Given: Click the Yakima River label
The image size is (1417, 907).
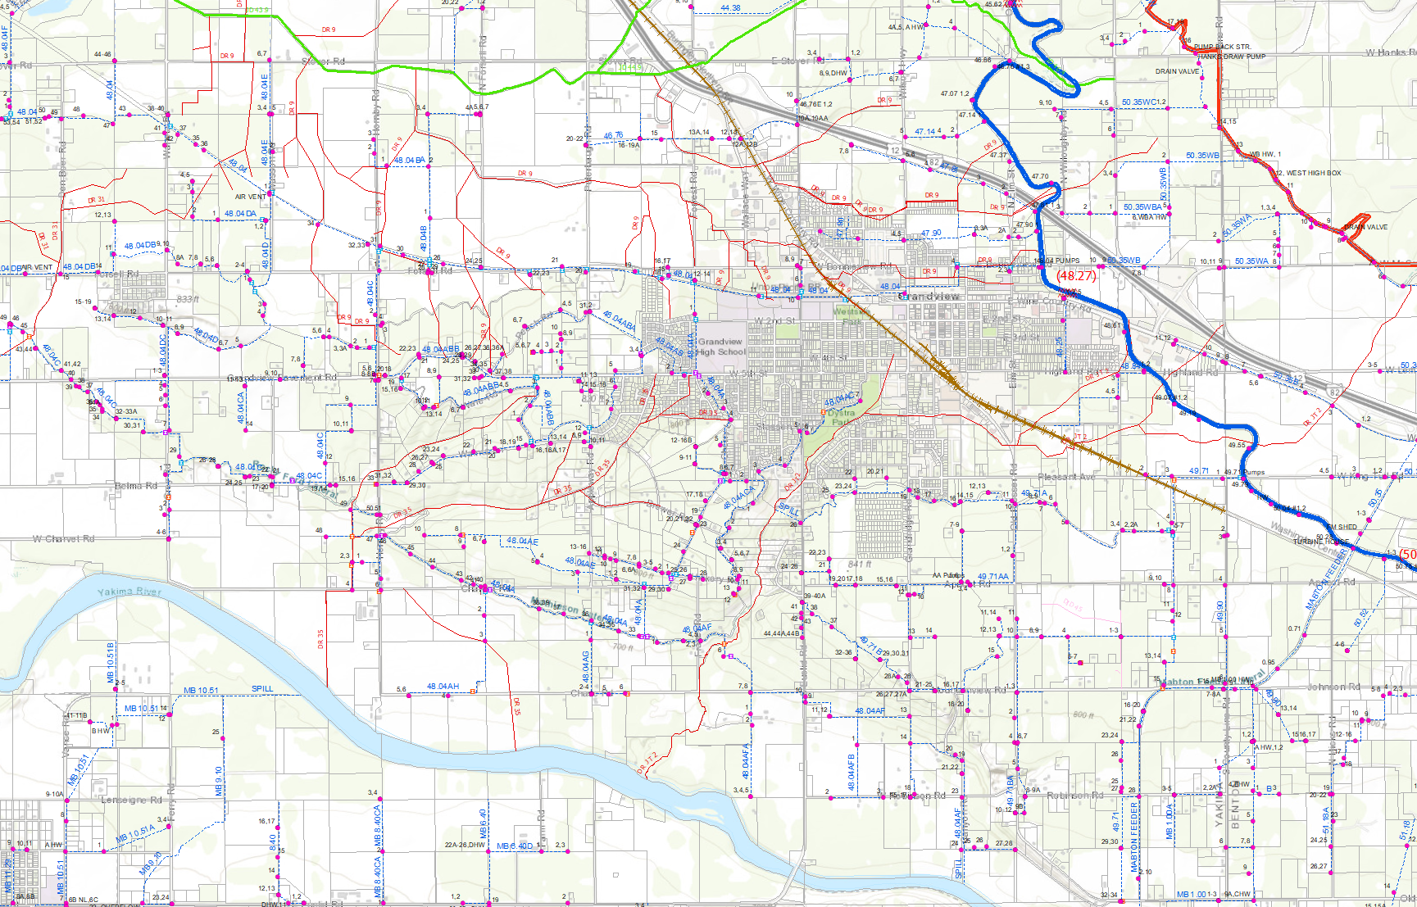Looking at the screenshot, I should (129, 592).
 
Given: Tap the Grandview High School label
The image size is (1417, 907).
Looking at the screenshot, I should (720, 347).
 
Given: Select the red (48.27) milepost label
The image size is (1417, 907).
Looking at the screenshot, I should (1075, 276).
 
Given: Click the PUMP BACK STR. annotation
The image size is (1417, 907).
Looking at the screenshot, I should (1221, 48).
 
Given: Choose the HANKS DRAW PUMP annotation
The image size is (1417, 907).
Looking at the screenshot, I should (1232, 57).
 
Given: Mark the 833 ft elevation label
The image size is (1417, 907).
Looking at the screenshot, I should (188, 299).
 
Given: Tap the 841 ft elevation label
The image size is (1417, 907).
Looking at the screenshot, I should (860, 564).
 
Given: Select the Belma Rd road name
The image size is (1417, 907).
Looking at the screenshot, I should (135, 486).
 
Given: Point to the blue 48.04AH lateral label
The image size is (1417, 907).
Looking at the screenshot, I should (443, 687).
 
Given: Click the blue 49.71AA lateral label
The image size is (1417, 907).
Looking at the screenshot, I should (992, 577).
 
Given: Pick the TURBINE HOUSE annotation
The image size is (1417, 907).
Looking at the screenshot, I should (1319, 542).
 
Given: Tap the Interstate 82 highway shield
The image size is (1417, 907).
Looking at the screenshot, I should (1334, 392).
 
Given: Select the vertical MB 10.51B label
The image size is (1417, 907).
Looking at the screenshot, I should (111, 662).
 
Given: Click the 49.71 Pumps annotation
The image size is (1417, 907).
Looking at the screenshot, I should (1245, 472).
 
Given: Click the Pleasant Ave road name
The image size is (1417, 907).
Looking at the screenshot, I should (1065, 477).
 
